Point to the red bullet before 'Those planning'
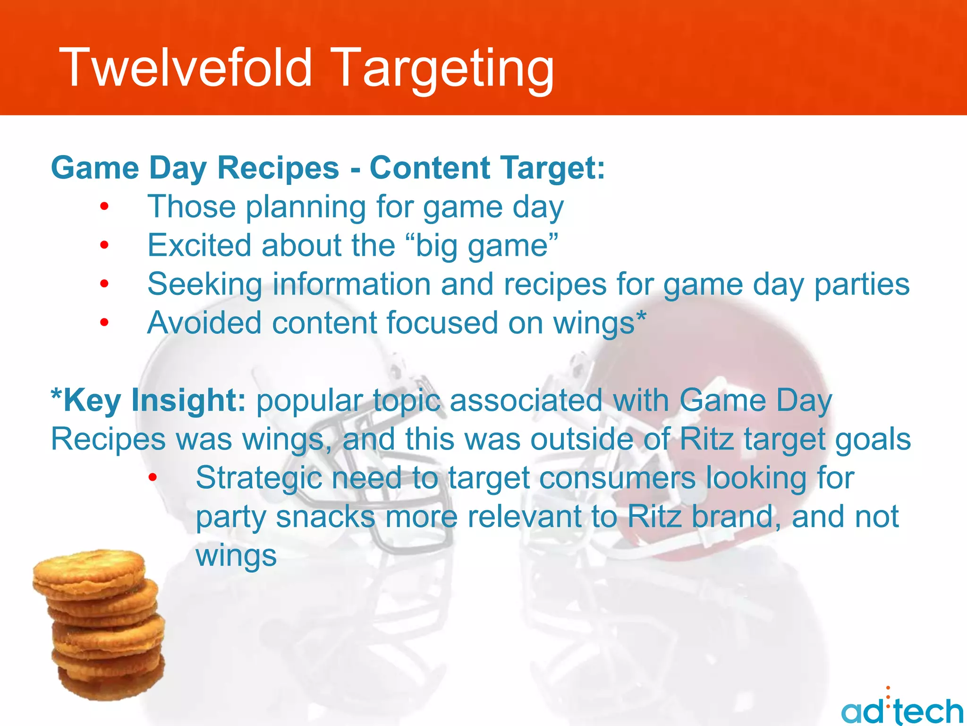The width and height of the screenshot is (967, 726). coord(104,207)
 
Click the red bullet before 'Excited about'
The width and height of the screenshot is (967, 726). coord(104,245)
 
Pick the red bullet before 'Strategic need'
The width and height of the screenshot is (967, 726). coord(153,478)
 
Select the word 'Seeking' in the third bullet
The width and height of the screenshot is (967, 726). coord(204,285)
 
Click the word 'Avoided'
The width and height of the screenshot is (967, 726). coord(204,323)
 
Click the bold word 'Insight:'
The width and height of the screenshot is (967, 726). coord(188,400)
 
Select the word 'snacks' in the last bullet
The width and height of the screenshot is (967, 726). coord(325,517)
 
